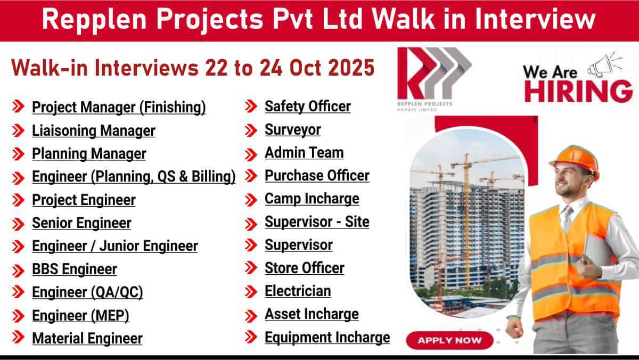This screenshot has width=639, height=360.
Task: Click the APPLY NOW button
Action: [x=449, y=340]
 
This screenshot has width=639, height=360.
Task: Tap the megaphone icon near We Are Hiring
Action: [x=605, y=64]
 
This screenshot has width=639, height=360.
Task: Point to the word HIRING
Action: [x=578, y=91]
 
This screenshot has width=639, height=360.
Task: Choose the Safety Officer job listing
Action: [x=308, y=107]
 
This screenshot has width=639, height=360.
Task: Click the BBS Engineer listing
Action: [x=75, y=269]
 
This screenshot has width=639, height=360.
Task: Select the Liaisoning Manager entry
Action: [x=94, y=131]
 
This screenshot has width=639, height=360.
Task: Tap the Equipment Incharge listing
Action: [x=327, y=338]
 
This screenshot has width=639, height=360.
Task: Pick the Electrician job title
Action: [x=298, y=291]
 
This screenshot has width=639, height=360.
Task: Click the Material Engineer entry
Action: [x=87, y=339]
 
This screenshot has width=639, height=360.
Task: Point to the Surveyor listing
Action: [x=293, y=130]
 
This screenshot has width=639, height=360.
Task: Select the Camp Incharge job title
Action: [x=312, y=199]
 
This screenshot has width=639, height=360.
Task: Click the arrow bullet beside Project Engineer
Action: [x=18, y=200]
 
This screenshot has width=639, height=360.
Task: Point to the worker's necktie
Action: [x=567, y=217]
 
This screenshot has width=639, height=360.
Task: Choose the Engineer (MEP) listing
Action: [x=80, y=316]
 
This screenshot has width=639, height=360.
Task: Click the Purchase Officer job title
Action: [x=317, y=176]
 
